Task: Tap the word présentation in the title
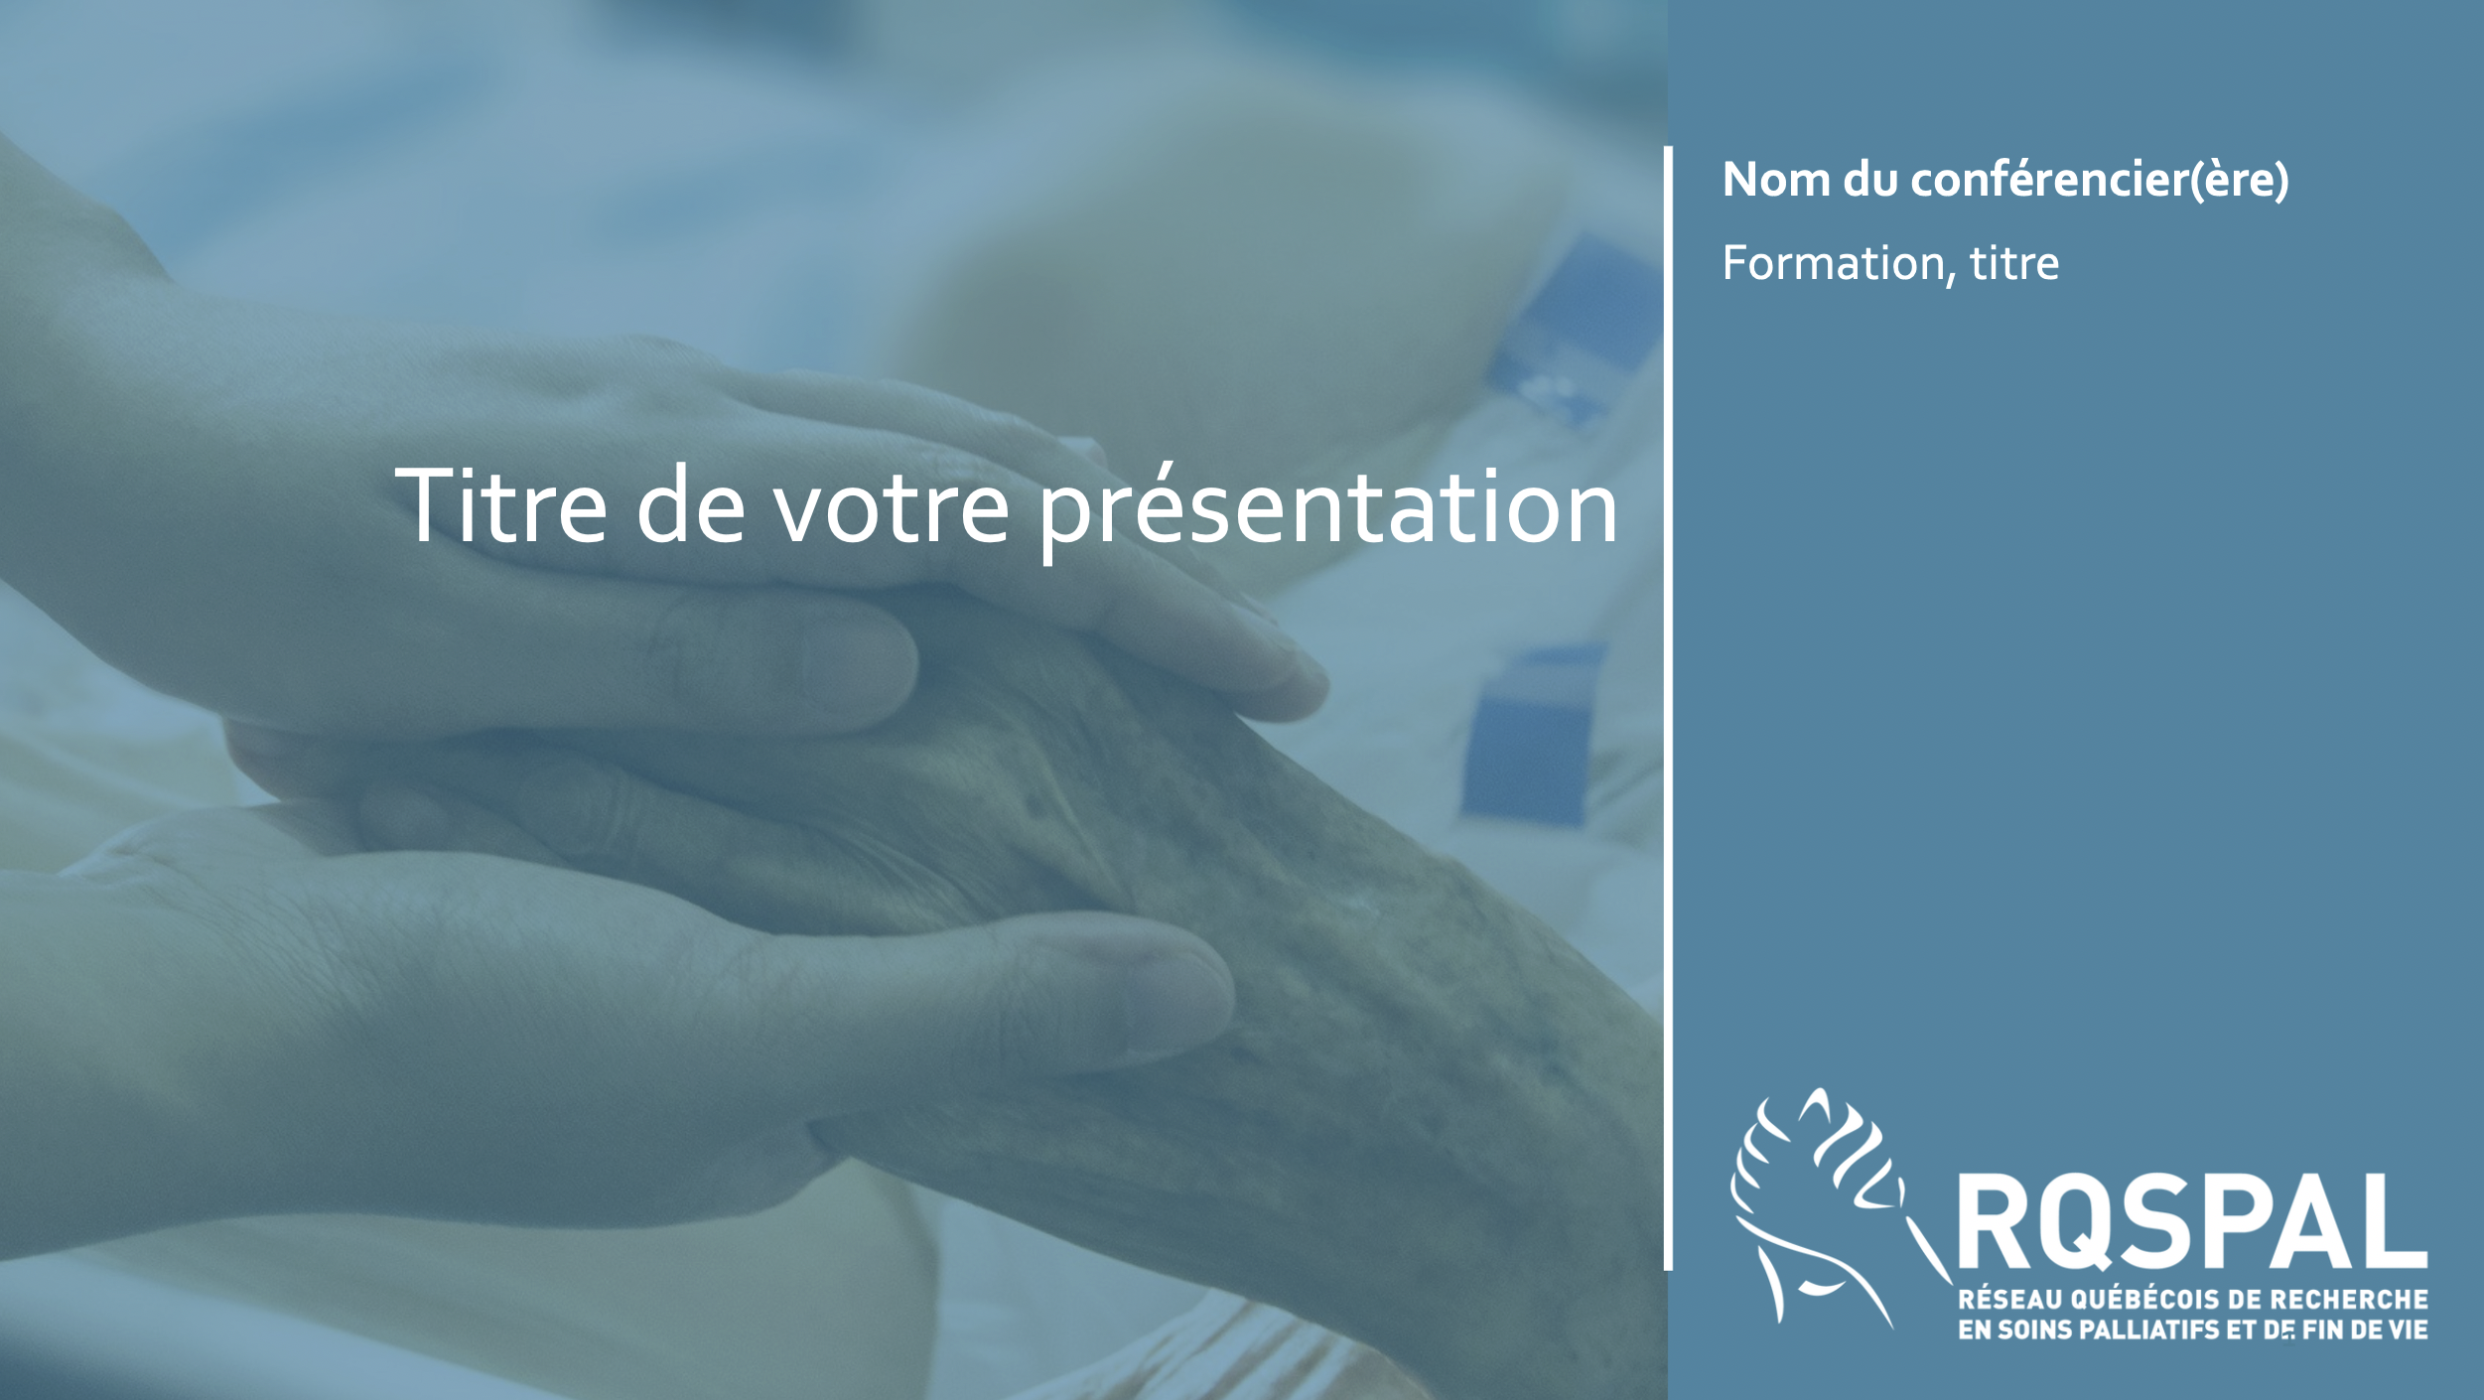(1328, 511)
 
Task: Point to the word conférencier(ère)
(2100, 180)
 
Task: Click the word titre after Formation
(2014, 263)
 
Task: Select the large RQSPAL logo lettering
(2192, 1221)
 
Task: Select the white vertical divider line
(1668, 708)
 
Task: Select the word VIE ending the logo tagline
(2407, 1330)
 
